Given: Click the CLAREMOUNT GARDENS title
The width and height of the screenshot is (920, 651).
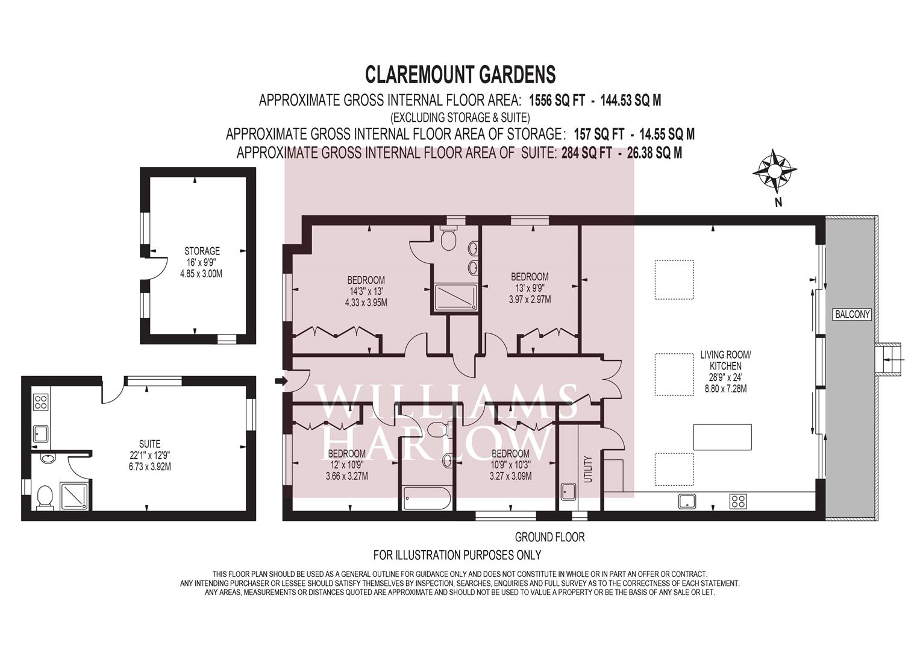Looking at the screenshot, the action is pos(460,75).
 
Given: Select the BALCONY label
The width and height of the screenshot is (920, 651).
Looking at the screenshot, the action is pos(853,315).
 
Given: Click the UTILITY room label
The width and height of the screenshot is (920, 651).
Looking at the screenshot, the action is pos(588,470).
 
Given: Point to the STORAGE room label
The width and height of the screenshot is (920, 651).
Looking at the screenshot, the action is pos(202,251).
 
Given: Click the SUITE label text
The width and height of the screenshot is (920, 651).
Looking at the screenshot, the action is pos(149,444).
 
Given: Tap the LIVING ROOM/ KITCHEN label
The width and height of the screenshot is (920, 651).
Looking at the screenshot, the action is pos(725,360).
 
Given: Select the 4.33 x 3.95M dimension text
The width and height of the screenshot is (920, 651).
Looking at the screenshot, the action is pos(366,303).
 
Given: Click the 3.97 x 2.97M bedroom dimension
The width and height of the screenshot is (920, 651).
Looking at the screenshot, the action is pos(530,300).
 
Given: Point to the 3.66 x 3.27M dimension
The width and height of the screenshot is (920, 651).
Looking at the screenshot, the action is pos(346,476).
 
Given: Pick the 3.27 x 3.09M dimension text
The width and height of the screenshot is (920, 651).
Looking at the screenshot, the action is pos(510,476).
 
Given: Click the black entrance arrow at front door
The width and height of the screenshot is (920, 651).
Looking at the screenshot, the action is pos(281,382).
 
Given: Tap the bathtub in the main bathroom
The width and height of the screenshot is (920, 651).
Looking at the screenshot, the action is pos(427,498).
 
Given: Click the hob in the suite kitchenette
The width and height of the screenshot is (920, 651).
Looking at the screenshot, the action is pos(41,401).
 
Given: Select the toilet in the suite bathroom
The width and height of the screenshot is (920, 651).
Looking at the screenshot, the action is pos(44,498).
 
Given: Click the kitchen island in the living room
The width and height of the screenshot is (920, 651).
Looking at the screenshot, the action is pos(722,437).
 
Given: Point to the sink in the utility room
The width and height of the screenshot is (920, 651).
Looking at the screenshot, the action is pos(569,491).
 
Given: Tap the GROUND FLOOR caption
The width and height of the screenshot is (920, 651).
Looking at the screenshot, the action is pos(549,537).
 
